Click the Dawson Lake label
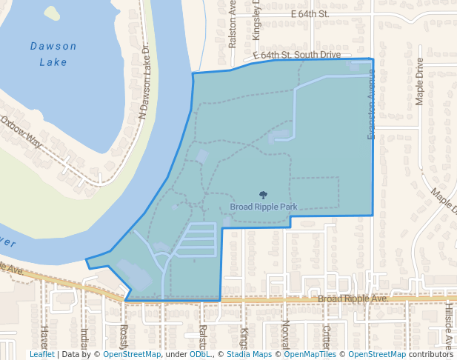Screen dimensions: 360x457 pos(53,54)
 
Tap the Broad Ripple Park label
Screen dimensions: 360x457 pos(263,207)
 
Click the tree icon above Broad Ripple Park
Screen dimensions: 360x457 pos(263,195)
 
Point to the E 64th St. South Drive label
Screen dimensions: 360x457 pos(297,55)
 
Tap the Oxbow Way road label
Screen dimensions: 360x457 pos(21,132)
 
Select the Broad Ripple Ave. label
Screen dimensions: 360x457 pos(353,299)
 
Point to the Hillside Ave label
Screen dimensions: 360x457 pos(449,326)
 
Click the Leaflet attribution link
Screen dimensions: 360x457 pos(42,354)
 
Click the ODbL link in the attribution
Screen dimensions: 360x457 pos(199,354)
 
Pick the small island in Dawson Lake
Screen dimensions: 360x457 pos(52,13)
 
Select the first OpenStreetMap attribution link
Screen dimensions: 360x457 pos(132,354)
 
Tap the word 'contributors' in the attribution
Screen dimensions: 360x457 pos(430,354)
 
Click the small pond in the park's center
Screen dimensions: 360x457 pos(281,136)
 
